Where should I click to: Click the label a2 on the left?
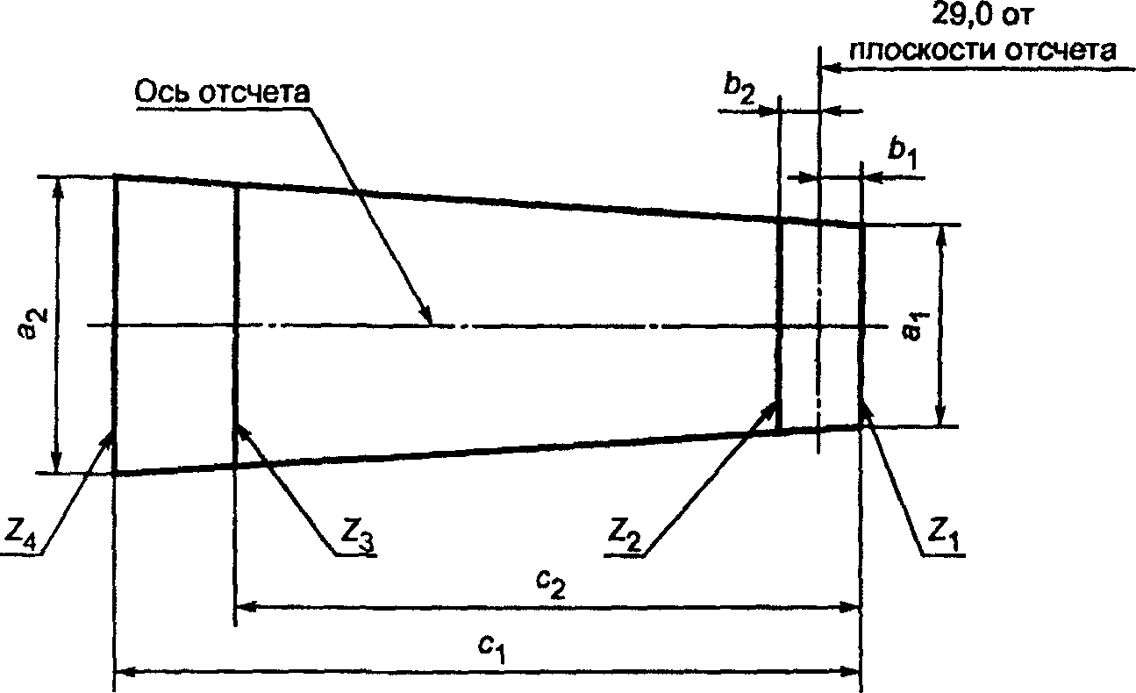tap(35, 323)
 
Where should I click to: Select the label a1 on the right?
tap(916, 327)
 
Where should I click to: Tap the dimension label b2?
tap(739, 90)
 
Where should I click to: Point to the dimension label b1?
tap(903, 154)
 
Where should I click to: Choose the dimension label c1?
tap(492, 649)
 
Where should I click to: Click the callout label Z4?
tap(20, 536)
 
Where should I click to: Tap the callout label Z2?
tap(625, 536)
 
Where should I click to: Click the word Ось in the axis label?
tap(163, 92)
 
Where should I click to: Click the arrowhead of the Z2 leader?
tap(770, 407)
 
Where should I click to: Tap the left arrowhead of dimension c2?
tap(248, 605)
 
